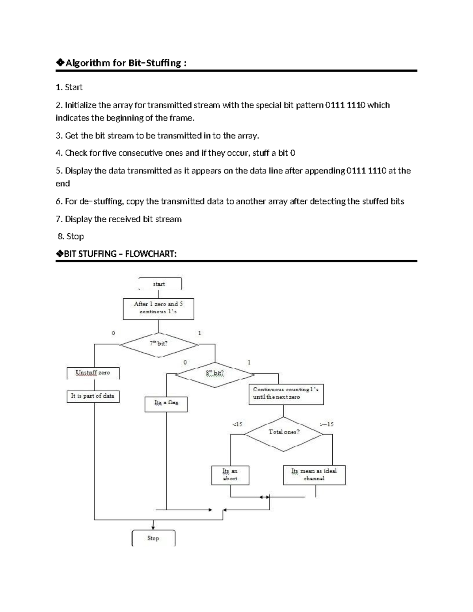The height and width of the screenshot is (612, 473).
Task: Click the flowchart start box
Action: tap(159, 284)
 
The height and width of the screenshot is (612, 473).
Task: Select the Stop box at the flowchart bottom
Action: tap(153, 538)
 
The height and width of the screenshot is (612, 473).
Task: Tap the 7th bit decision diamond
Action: tap(158, 344)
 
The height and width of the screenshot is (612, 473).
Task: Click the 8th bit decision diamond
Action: tap(215, 374)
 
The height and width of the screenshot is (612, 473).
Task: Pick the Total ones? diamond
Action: tap(284, 433)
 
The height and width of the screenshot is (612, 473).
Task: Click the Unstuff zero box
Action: tap(93, 373)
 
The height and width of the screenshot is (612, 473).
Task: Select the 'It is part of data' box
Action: tap(93, 396)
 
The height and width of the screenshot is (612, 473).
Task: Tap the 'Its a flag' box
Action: tap(166, 404)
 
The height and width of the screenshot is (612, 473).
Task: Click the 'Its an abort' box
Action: tap(230, 475)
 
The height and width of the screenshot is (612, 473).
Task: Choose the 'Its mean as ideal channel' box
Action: tap(314, 475)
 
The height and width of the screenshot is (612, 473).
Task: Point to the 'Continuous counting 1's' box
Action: tap(286, 393)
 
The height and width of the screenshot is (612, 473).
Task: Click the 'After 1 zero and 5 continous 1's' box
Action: tap(158, 308)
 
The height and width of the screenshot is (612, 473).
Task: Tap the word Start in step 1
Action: tap(74, 87)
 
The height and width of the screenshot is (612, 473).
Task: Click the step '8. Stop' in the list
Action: tap(71, 236)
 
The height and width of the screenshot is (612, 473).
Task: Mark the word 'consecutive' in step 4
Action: tap(141, 153)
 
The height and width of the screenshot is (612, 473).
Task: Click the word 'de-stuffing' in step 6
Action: tap(101, 201)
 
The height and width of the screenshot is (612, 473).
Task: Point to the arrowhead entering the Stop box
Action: tap(153, 528)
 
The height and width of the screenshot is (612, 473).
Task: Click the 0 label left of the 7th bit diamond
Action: tap(113, 333)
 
